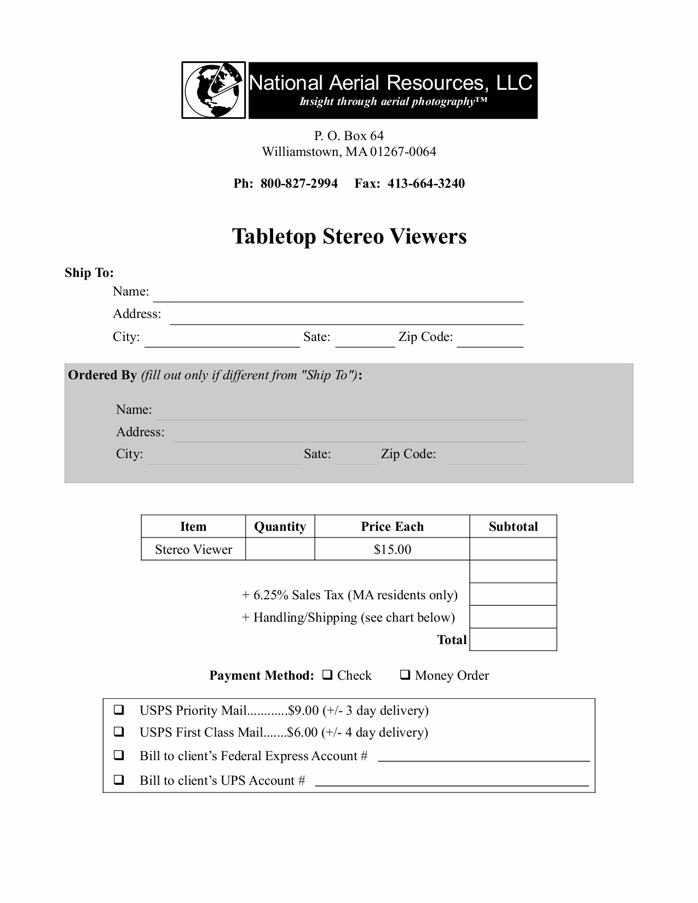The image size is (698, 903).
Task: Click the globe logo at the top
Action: click(214, 90)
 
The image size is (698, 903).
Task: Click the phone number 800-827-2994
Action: click(299, 183)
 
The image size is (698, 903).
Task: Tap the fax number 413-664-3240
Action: click(426, 183)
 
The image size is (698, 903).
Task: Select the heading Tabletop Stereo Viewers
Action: click(349, 236)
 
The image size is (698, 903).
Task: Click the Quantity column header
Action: click(280, 526)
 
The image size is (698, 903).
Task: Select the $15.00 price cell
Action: click(392, 549)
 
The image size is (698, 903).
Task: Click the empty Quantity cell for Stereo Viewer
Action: click(280, 549)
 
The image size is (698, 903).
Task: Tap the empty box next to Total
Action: click(513, 639)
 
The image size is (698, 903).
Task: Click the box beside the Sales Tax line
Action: click(513, 594)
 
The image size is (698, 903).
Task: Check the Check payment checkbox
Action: click(327, 675)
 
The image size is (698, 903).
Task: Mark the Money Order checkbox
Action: click(405, 675)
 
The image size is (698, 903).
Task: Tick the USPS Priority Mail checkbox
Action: click(118, 710)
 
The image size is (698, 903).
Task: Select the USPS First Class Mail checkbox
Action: click(118, 732)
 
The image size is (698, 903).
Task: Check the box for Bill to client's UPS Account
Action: click(118, 780)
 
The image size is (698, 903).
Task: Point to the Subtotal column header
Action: click(513, 526)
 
